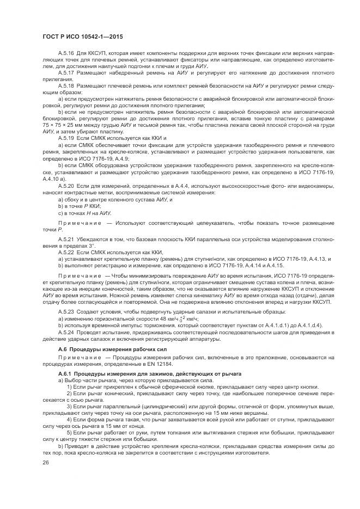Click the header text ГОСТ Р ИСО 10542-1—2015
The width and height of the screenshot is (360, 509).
point(82,36)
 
